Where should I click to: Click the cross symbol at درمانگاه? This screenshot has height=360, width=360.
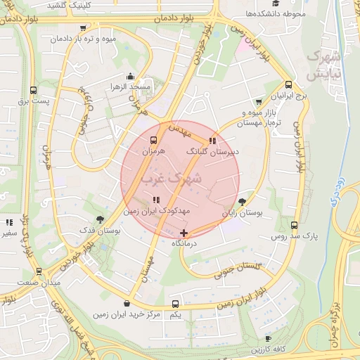(x=184, y=233)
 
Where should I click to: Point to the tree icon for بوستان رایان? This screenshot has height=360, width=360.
(x=243, y=201)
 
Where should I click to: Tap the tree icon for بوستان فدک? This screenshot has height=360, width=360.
(x=100, y=219)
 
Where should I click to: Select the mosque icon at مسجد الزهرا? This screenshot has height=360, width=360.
(x=129, y=77)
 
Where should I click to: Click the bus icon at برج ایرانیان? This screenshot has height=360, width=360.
(x=259, y=101)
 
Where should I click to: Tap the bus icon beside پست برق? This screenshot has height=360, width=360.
(x=33, y=90)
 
